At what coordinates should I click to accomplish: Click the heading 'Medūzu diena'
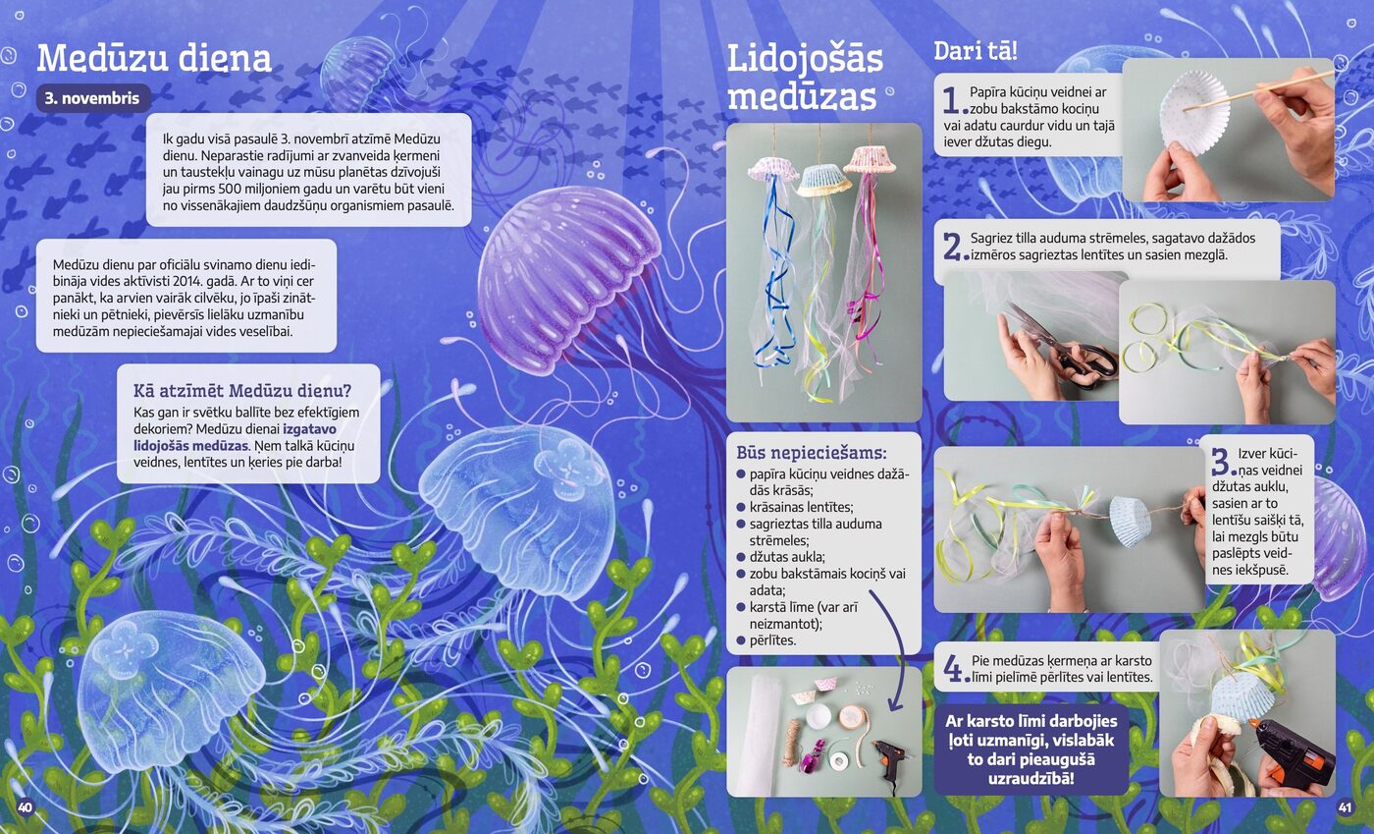[154, 58]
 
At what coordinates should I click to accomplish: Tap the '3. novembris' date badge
[93, 98]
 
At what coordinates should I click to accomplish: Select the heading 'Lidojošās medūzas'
[805, 78]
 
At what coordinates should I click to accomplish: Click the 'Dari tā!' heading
[976, 51]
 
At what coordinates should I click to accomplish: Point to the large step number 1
[953, 101]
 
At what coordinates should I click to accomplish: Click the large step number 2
[954, 247]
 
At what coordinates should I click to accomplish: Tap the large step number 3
[1223, 462]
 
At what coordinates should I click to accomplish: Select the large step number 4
[954, 668]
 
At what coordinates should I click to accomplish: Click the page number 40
[25, 806]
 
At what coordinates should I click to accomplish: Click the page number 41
[1345, 806]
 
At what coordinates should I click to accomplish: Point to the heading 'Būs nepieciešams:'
[812, 453]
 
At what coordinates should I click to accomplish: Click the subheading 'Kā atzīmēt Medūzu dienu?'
[242, 391]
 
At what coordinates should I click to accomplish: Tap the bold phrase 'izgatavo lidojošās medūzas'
[235, 437]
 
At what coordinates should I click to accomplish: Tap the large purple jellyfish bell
[567, 279]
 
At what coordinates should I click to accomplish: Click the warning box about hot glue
[1031, 750]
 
